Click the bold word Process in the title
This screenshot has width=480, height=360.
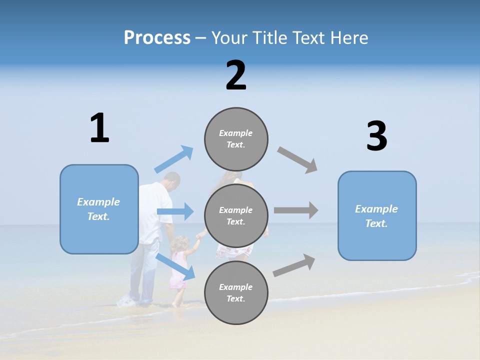pyautogui.click(x=157, y=37)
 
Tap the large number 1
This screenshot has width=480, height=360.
pyautogui.click(x=99, y=128)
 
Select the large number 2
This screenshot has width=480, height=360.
pyautogui.click(x=236, y=75)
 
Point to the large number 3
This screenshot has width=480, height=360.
pyautogui.click(x=376, y=136)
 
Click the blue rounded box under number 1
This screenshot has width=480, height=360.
pyautogui.click(x=99, y=209)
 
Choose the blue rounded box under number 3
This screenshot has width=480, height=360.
pyautogui.click(x=377, y=215)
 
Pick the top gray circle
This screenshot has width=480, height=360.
pyautogui.click(x=236, y=139)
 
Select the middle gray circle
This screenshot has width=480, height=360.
pyautogui.click(x=236, y=215)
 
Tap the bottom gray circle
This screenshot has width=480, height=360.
pyautogui.click(x=236, y=292)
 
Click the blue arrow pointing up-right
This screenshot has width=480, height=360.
pyautogui.click(x=174, y=159)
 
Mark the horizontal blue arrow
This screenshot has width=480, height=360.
pyautogui.click(x=175, y=211)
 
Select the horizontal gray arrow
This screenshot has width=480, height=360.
pyautogui.click(x=295, y=210)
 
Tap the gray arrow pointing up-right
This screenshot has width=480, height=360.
pyautogui.click(x=294, y=265)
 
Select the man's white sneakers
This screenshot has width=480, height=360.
pyautogui.click(x=127, y=301)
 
